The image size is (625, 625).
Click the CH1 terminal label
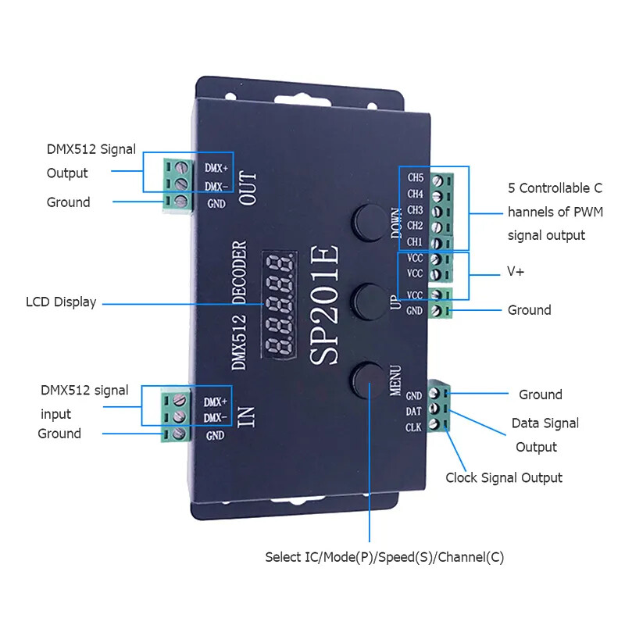click(415, 241)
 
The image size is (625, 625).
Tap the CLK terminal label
click(414, 427)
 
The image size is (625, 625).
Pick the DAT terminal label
click(414, 411)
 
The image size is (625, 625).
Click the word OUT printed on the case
click(248, 187)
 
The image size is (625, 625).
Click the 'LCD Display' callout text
click(61, 302)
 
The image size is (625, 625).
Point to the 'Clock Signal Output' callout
click(503, 477)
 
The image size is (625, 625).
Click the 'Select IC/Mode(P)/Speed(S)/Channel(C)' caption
click(390, 557)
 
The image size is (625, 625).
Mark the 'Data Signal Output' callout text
click(545, 434)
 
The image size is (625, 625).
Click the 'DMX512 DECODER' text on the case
click(241, 305)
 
